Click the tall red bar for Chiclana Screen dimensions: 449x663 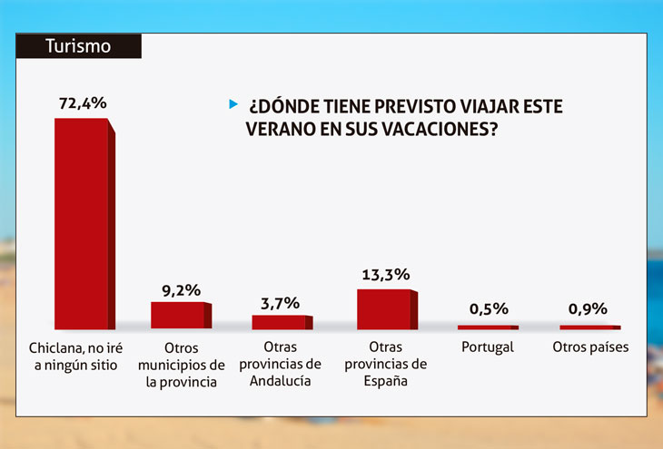click(x=83, y=222)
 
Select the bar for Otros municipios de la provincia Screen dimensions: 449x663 click(x=178, y=315)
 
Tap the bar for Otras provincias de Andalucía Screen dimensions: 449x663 click(x=280, y=321)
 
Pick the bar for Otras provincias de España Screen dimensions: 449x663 click(x=384, y=308)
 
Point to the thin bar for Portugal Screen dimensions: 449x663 click(x=486, y=327)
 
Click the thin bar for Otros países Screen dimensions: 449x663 click(x=588, y=327)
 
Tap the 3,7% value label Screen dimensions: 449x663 click(x=280, y=303)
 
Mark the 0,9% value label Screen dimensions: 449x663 click(x=588, y=309)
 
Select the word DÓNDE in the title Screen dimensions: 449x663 click(x=287, y=106)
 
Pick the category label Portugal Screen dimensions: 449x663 click(x=487, y=347)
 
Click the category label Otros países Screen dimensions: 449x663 click(x=590, y=347)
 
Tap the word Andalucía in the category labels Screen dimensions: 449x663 click(x=281, y=381)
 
